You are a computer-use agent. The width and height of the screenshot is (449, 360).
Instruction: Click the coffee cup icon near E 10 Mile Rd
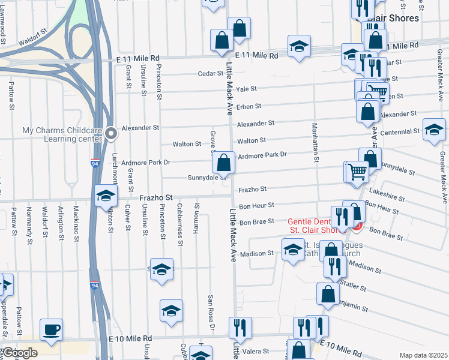pyautogui.click(x=51, y=329)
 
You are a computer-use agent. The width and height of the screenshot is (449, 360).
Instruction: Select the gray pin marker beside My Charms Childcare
pyautogui.click(x=110, y=134)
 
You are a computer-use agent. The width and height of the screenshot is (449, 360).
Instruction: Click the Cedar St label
pyautogui.click(x=211, y=74)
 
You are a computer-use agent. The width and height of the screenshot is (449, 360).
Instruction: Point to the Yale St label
pyautogui.click(x=246, y=89)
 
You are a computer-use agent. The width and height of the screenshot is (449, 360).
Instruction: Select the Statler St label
pyautogui.click(x=352, y=283)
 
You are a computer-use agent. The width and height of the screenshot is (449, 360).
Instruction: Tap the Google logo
pyautogui.click(x=20, y=353)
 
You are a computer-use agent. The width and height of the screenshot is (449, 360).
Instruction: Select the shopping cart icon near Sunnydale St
pyautogui.click(x=357, y=171)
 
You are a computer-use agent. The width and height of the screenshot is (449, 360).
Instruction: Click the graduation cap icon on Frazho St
pyautogui.click(x=106, y=195)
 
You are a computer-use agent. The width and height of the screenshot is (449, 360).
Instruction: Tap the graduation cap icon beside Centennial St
pyautogui.click(x=434, y=129)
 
